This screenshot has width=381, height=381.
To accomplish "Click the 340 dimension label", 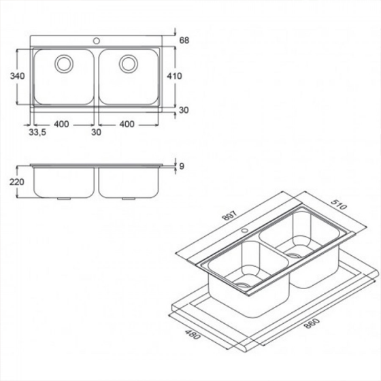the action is [17, 76].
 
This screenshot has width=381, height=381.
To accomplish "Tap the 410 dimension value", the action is [174, 76].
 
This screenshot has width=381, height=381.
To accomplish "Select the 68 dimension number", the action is [184, 40].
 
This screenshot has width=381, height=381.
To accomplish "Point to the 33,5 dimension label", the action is [37, 133].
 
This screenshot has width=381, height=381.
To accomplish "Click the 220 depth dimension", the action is [17, 182].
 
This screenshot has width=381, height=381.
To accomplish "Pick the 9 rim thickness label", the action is [182, 167].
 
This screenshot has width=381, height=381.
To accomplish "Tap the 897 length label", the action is [230, 215].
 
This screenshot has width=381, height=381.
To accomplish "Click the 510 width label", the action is [339, 205].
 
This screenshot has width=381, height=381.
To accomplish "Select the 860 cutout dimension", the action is [312, 323].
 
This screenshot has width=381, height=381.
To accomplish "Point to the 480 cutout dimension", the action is [193, 334].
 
